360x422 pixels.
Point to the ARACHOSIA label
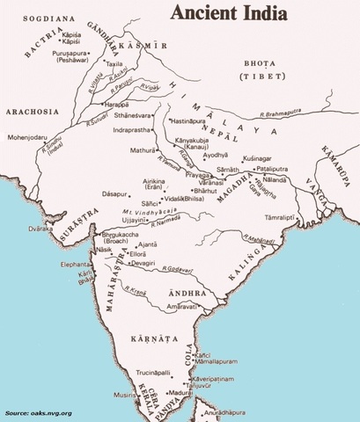pos(31,112)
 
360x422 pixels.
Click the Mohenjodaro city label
pos(33,138)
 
